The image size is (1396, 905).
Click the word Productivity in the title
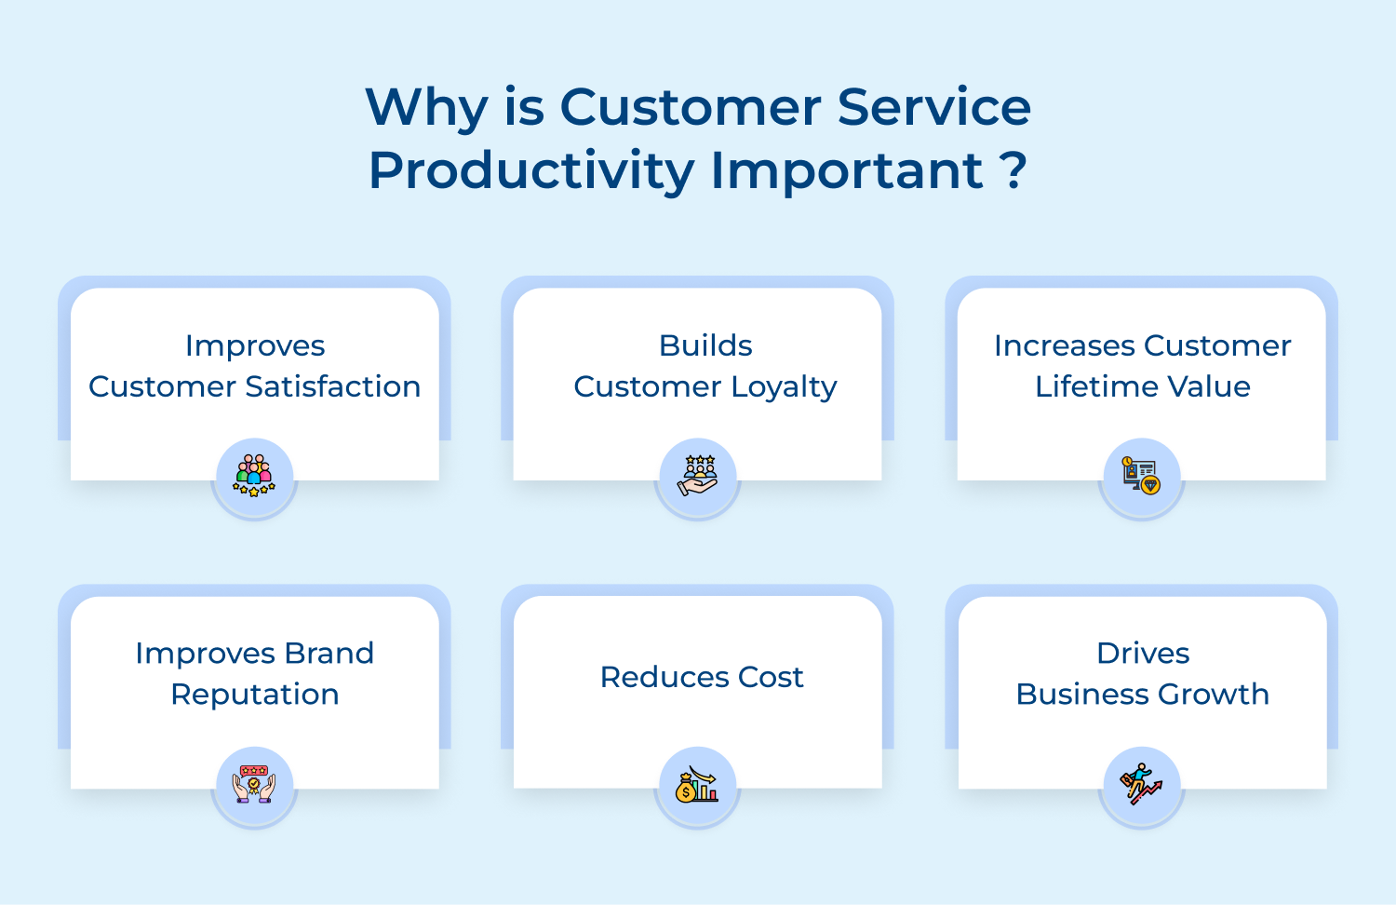click(531, 172)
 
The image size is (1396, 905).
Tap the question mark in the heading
click(1013, 170)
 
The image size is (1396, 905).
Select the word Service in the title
click(934, 107)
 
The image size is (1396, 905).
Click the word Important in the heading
click(847, 172)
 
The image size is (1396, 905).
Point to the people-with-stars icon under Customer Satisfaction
click(254, 476)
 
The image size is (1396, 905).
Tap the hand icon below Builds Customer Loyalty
click(697, 476)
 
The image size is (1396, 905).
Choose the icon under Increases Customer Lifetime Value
click(1141, 476)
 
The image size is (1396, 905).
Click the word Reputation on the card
click(255, 695)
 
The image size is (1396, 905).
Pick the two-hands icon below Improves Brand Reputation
click(254, 784)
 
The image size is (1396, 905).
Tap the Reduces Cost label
click(702, 677)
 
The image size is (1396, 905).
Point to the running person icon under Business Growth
click(1141, 785)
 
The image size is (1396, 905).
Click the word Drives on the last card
click(1143, 654)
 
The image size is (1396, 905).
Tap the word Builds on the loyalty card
click(705, 345)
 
